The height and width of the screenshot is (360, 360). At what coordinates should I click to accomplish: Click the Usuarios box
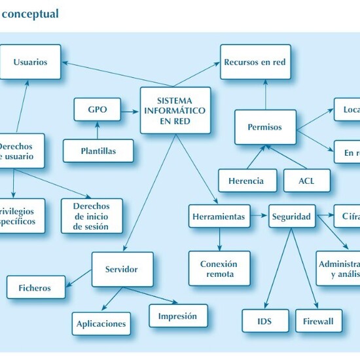(x=30, y=62)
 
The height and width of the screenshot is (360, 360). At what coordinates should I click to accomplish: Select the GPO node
(x=97, y=109)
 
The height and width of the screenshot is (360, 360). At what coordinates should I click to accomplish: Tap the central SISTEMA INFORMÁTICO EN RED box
(x=175, y=110)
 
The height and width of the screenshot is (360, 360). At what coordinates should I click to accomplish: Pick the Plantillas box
(x=98, y=151)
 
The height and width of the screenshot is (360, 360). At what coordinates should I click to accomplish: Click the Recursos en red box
(x=255, y=62)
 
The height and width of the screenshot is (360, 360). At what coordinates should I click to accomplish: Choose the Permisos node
(x=264, y=127)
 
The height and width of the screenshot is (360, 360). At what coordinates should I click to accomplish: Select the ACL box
(x=306, y=181)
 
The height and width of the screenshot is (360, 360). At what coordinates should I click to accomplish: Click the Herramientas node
(x=219, y=216)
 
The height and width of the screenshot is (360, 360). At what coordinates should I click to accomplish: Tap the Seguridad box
(x=292, y=216)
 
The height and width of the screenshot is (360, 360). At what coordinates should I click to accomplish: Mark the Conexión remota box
(x=219, y=268)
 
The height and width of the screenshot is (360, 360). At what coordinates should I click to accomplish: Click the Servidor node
(x=122, y=269)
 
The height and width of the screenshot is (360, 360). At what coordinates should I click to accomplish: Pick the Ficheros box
(x=35, y=287)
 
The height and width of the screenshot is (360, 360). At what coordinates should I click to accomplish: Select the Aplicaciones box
(x=101, y=323)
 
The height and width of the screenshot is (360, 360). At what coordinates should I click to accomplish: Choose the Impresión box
(x=177, y=316)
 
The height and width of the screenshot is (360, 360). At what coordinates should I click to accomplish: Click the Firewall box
(x=318, y=321)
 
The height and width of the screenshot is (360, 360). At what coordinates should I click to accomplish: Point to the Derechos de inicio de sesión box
(x=92, y=216)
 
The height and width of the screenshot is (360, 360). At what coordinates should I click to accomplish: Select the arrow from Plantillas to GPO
(x=97, y=130)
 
